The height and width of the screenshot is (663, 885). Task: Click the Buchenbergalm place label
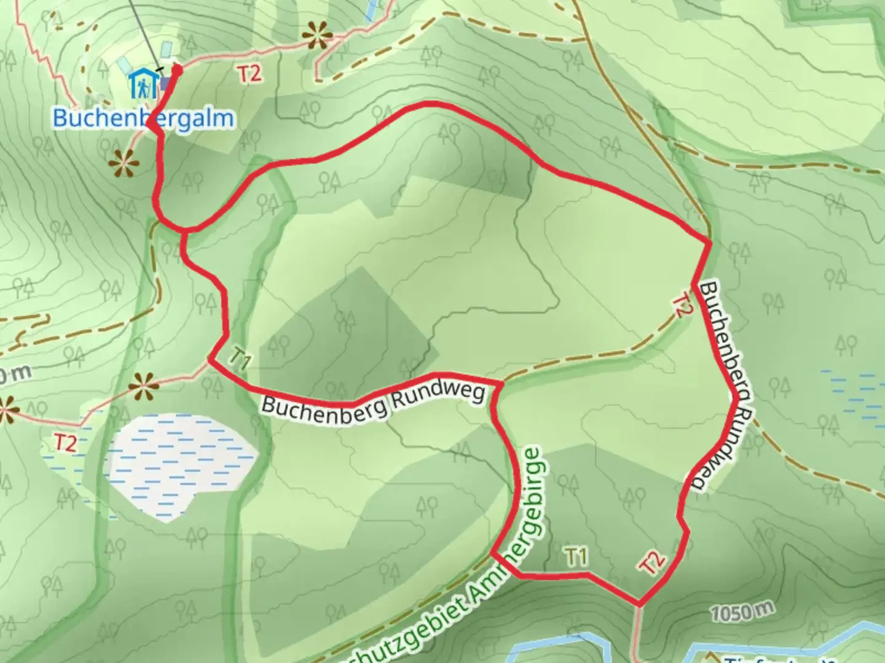pyautogui.click(x=143, y=118)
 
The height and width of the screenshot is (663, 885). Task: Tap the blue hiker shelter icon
pyautogui.click(x=142, y=85)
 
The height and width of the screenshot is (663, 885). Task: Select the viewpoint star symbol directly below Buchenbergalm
pyautogui.click(x=123, y=165)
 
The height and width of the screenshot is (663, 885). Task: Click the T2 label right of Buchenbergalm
pyautogui.click(x=250, y=74)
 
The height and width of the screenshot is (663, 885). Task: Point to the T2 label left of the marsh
pyautogui.click(x=65, y=442)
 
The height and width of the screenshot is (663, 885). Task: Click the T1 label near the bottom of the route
pyautogui.click(x=576, y=557)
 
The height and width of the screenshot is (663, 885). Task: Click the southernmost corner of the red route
pyautogui.click(x=640, y=604)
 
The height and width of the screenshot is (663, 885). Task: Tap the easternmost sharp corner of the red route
pyautogui.click(x=710, y=244)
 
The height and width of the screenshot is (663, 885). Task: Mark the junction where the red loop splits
pyautogui.click(x=184, y=231)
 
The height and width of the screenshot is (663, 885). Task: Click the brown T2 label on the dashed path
pyautogui.click(x=680, y=306)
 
